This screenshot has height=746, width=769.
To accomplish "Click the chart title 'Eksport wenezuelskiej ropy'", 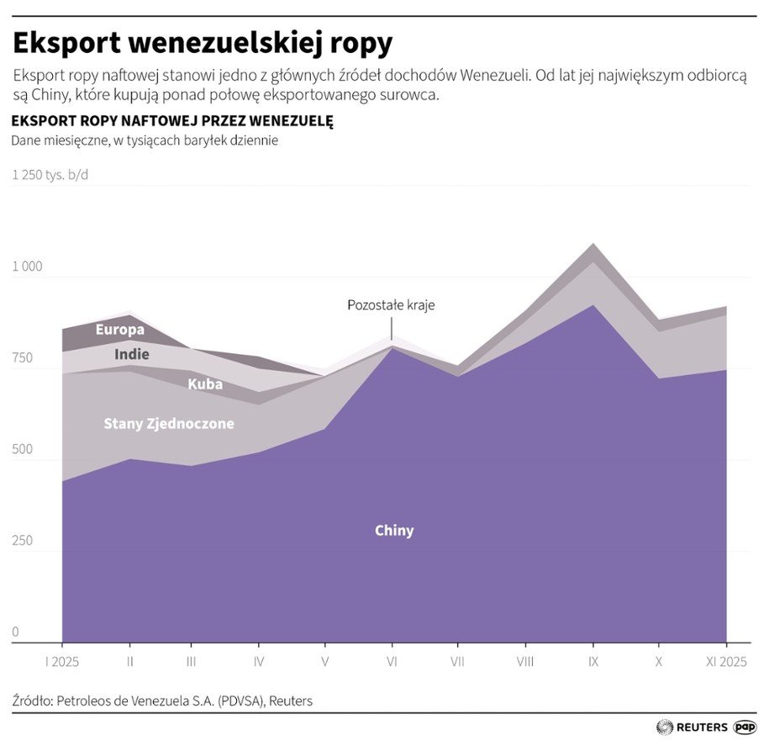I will click(x=202, y=41).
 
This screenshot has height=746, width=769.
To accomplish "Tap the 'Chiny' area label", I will click(x=393, y=531).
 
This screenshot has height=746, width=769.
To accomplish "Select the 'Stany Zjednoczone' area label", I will click(x=168, y=424).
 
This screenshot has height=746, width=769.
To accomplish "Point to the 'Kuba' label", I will click(x=205, y=384).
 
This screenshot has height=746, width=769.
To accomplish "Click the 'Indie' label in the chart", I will click(x=132, y=355).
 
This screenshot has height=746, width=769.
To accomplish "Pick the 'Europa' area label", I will click(x=120, y=330).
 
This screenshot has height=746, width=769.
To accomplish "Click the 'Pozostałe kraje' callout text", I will click(x=391, y=304).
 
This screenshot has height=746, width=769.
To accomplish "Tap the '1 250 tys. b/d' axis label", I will click(x=50, y=175).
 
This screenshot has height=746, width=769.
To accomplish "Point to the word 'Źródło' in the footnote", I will click(x=32, y=700).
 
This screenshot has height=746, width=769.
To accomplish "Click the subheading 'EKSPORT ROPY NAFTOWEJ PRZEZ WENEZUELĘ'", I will click(x=172, y=121).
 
